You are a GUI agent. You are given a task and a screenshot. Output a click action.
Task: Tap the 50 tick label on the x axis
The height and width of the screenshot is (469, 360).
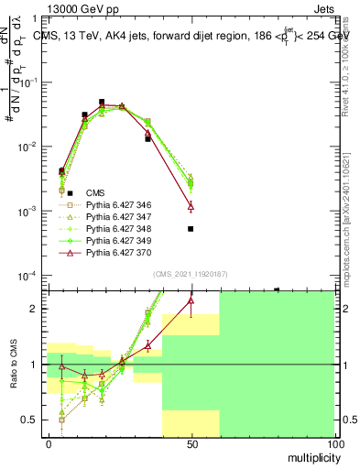point(191,443)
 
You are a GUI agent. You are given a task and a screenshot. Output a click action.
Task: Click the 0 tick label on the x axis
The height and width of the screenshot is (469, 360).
point(49,443)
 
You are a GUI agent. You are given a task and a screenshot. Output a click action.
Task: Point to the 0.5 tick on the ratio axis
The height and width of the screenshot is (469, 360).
point(30,420)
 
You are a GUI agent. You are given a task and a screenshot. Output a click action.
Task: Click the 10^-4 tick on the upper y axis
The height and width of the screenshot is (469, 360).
point(27,276)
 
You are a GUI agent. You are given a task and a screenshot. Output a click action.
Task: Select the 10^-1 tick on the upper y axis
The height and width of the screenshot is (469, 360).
point(27,82)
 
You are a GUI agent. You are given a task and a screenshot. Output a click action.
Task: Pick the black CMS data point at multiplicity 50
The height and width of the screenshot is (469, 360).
point(191,229)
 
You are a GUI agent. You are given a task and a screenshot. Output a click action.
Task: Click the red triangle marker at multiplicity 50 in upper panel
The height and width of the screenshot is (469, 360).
point(191,206)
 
